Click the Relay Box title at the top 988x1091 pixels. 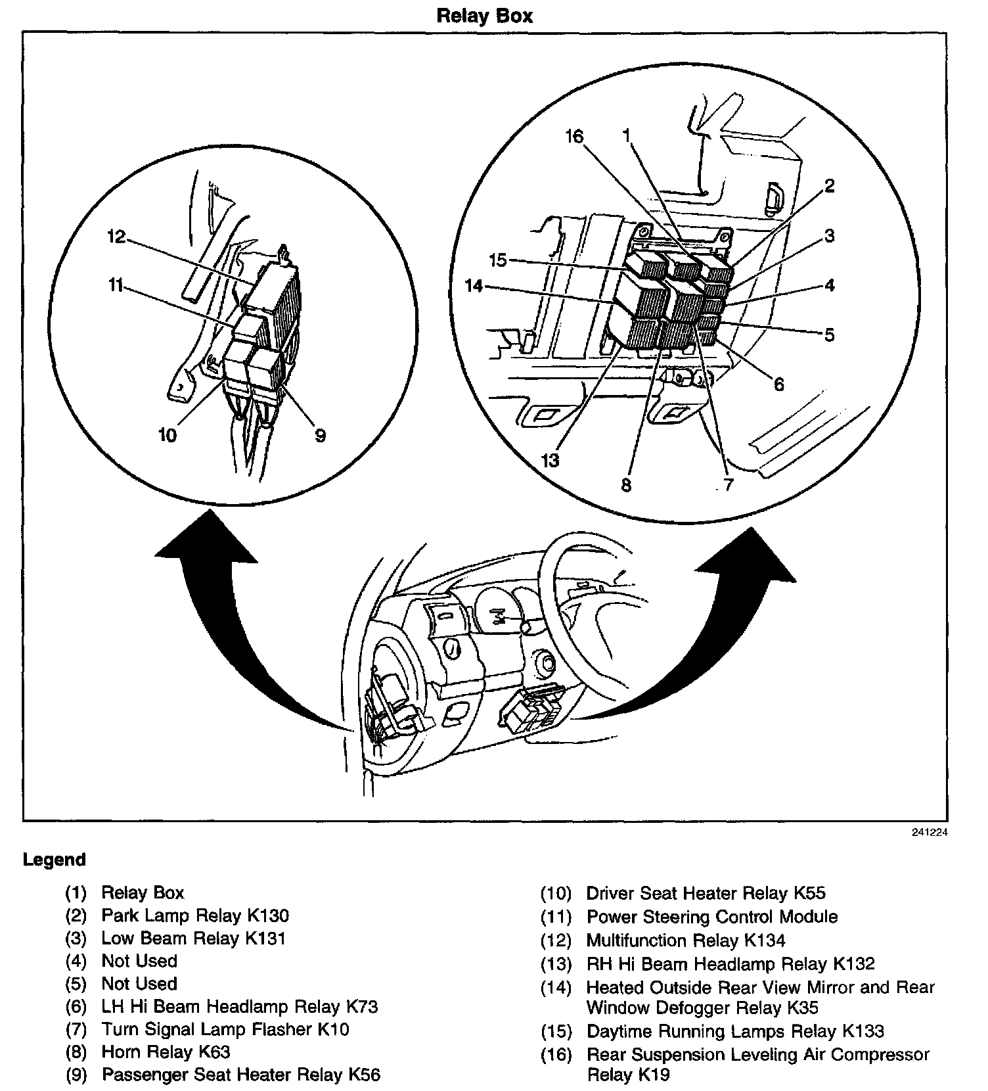pos(484,16)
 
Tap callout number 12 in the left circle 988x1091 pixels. pos(116,237)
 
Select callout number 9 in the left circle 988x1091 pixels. pos(320,435)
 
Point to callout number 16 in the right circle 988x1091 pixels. pos(574,137)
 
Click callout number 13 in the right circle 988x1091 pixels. pos(550,460)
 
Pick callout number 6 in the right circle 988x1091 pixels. pos(778,384)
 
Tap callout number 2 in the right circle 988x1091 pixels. pos(830,186)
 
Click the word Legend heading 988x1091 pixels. pos(55,860)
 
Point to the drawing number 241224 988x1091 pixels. pos(929,833)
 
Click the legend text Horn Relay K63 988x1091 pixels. pos(166,1052)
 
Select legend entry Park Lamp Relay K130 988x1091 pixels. pos(195,916)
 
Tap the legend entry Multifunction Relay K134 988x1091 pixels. pos(685,940)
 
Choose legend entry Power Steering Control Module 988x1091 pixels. pos(711,917)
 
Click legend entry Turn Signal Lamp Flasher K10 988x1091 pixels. pos(225,1029)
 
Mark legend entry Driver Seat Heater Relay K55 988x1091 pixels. pos(706,893)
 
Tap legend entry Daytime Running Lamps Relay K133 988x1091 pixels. pos(735,1031)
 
